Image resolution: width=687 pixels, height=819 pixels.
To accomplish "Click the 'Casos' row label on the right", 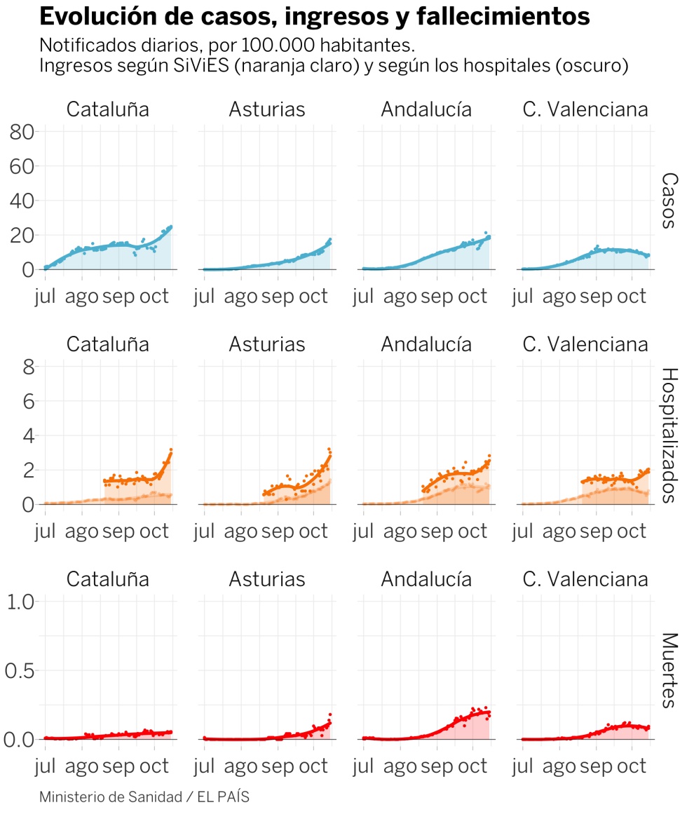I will (x=669, y=201).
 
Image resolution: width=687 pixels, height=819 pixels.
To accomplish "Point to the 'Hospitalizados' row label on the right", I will (x=669, y=435).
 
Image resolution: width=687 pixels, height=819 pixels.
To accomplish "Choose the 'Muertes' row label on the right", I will (x=669, y=670).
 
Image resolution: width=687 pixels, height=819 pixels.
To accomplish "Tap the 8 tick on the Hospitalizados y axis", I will (x=27, y=367).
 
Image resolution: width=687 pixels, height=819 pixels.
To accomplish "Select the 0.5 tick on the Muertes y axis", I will (x=20, y=670).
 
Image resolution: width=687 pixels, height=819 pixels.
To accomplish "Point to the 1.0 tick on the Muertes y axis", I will (x=20, y=602).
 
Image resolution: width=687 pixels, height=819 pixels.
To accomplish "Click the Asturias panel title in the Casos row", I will (x=266, y=110).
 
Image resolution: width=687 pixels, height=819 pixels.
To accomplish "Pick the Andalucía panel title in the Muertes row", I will (x=426, y=579).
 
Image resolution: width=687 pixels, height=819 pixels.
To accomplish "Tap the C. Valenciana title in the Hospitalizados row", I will (x=585, y=345).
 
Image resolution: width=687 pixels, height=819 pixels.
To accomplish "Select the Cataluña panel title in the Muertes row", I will (x=108, y=579).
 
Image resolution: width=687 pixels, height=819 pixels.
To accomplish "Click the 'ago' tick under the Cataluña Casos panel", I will (x=82, y=296).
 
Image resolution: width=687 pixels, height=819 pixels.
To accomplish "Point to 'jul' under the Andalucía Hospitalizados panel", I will (x=363, y=531).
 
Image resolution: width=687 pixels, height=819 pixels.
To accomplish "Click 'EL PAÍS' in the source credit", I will (x=223, y=797).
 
